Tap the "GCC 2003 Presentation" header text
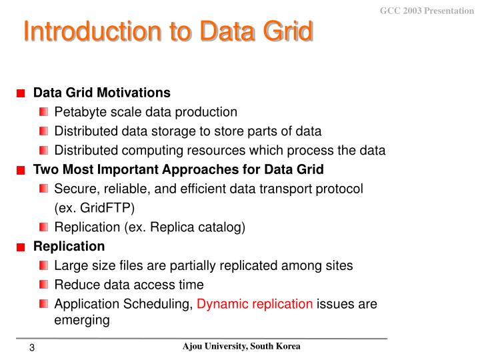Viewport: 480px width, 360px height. [x=427, y=11]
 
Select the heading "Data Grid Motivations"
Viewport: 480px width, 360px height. [x=101, y=92]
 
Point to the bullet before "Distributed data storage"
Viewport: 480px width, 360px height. [x=44, y=131]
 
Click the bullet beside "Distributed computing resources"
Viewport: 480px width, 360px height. [x=44, y=150]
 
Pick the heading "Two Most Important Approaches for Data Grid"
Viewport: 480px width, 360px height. [x=178, y=169]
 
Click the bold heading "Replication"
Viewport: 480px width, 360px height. [x=69, y=246]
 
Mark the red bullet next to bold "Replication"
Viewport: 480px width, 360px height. [x=21, y=247]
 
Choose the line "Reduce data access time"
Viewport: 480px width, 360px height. [x=129, y=285]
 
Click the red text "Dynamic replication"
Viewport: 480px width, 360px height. [x=255, y=304]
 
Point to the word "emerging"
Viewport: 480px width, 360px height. [x=81, y=320]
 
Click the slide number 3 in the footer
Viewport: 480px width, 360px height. [x=31, y=349]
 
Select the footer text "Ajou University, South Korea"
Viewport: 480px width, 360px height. [x=241, y=347]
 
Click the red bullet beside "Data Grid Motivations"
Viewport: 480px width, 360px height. [x=21, y=93]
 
